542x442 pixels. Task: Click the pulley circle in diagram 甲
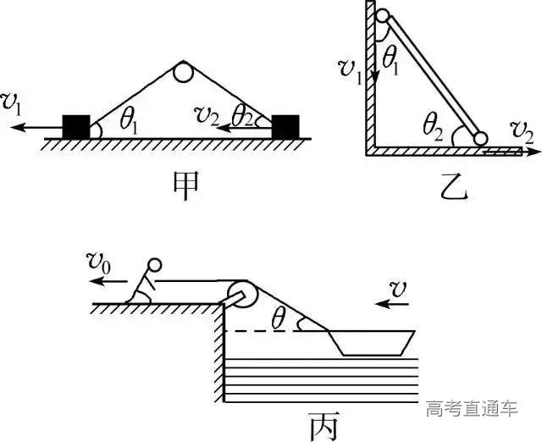tap(184, 72)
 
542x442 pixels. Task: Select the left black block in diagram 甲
tap(76, 125)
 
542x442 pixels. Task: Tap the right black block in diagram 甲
tap(285, 126)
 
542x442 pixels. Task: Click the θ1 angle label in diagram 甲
tap(130, 120)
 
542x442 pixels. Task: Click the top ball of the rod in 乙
tap(382, 15)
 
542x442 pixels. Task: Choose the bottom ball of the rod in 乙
tap(481, 139)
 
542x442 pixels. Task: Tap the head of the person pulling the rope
tap(154, 265)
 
